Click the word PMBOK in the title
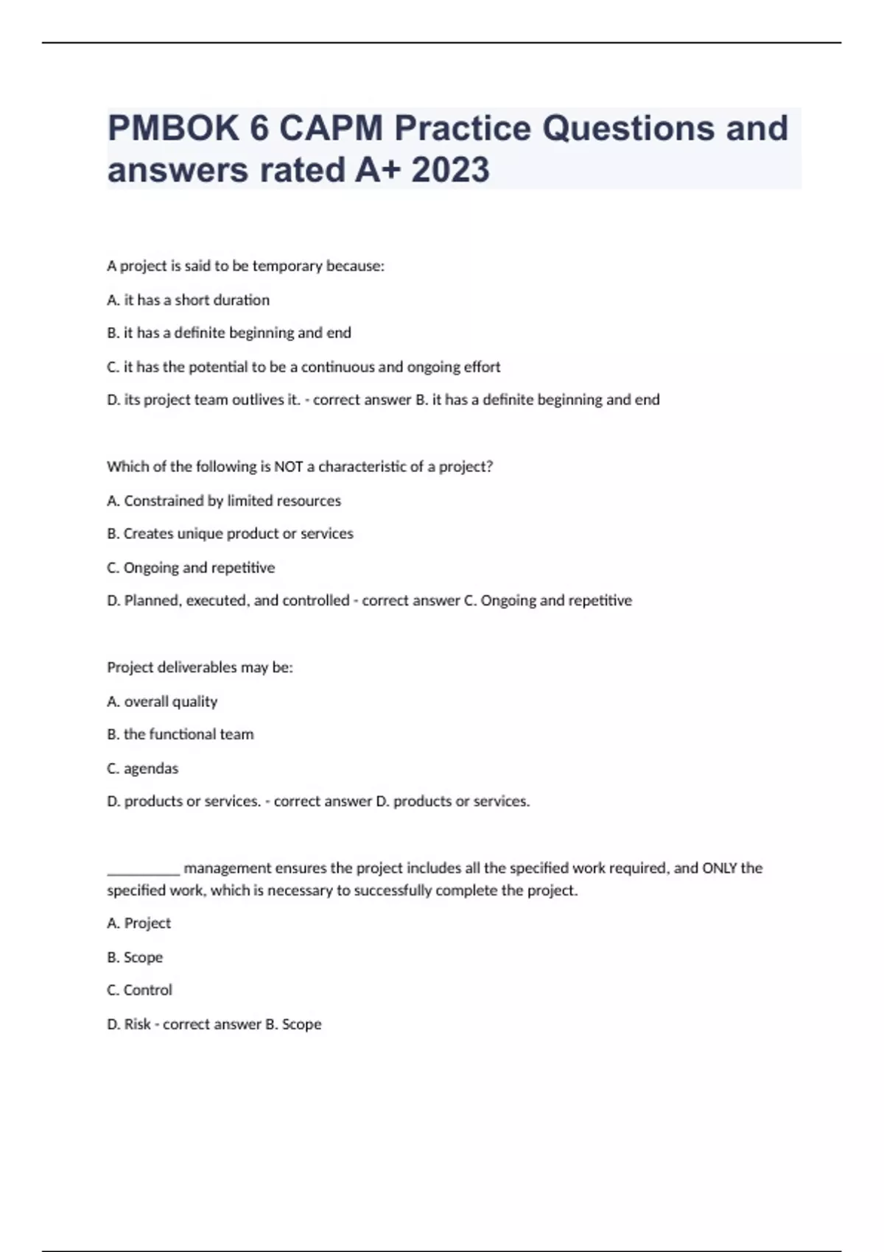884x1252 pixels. coord(173,128)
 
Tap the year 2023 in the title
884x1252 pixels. coord(450,170)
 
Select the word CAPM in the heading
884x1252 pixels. coord(331,128)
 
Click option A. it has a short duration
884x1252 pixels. coord(188,300)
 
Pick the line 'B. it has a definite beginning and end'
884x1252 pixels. coord(228,333)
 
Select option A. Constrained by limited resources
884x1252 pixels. coord(224,501)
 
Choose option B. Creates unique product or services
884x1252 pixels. coord(230,533)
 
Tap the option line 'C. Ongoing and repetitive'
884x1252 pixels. coord(191,568)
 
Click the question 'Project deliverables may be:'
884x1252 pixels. coord(200,667)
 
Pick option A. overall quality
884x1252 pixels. coord(162,701)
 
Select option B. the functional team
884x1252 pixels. coord(180,734)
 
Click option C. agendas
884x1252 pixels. coord(142,768)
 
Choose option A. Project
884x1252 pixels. coord(138,923)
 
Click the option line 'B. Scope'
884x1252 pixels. coord(135,957)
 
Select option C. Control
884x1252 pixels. coord(139,990)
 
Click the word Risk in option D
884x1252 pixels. coord(137,1024)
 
